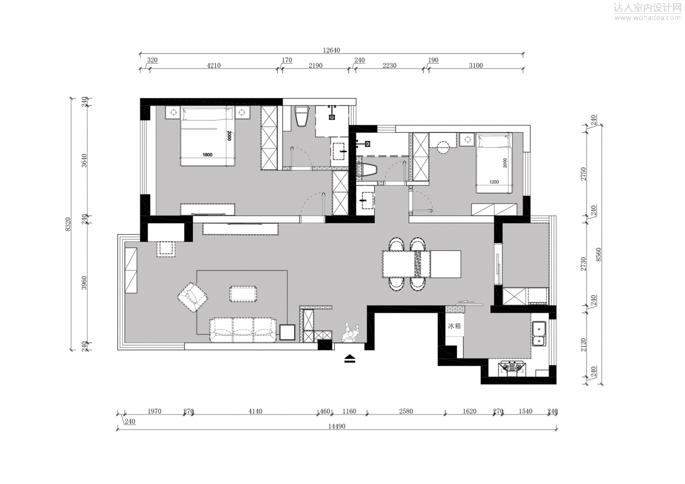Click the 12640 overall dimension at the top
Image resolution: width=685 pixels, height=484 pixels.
[332, 50]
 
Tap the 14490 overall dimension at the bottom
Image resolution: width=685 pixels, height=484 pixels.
[336, 426]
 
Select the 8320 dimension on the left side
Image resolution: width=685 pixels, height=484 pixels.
[68, 224]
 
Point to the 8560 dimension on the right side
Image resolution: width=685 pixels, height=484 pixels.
[598, 254]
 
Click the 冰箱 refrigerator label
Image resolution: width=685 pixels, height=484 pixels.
[454, 326]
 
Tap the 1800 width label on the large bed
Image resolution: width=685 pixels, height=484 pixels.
[207, 154]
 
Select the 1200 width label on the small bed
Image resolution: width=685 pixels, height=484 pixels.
[494, 182]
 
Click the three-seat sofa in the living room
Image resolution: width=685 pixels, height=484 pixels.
[243, 330]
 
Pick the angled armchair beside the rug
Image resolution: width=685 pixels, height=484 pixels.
[192, 297]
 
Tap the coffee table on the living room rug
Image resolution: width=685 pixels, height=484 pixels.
[243, 294]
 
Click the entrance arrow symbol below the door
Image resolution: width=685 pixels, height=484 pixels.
[350, 359]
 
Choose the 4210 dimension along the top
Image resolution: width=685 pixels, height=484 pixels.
[214, 65]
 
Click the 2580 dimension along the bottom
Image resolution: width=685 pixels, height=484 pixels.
[406, 412]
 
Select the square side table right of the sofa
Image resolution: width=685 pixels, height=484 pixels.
[287, 332]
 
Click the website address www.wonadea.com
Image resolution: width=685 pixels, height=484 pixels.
[647, 18]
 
